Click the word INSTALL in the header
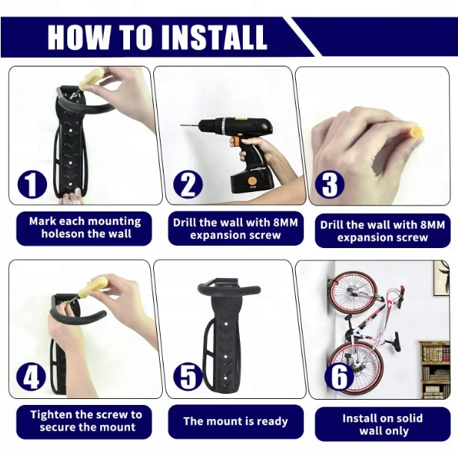coord(214,37)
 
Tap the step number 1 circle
coord(32,184)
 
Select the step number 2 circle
coord(188,185)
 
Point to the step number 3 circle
coord(329,185)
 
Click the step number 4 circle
coord(31,377)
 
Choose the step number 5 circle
coord(188,377)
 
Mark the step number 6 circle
coord(339,377)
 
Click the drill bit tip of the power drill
coord(181,126)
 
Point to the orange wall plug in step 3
coord(415,132)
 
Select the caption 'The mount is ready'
coord(235,421)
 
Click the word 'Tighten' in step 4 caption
coord(52,415)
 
